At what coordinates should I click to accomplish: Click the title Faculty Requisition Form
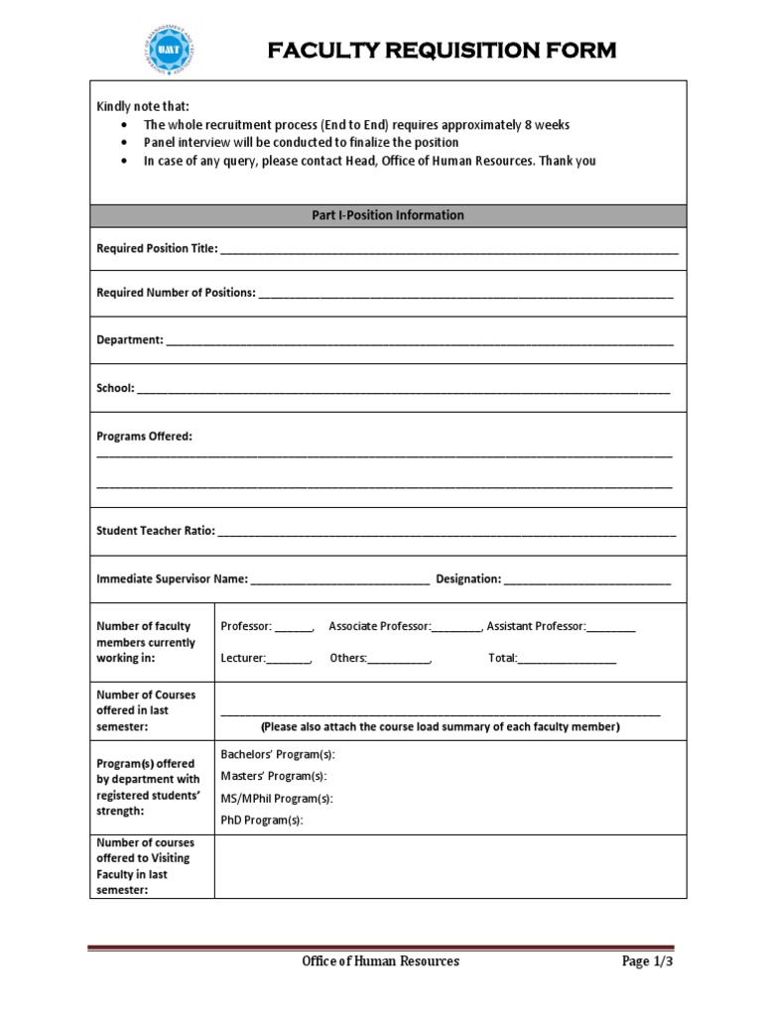[x=442, y=51]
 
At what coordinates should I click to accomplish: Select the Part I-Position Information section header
[x=388, y=215]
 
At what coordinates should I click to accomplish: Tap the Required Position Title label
[x=156, y=248]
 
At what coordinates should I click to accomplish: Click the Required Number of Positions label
[x=176, y=293]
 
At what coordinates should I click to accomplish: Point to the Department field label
[x=129, y=339]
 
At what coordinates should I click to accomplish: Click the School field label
[x=115, y=388]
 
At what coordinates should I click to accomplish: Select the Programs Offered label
[x=144, y=436]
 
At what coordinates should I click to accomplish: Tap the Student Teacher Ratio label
[x=155, y=531]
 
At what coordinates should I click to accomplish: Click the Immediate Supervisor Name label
[x=171, y=578]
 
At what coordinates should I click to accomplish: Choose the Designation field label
[x=468, y=578]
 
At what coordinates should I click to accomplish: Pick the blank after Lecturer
[x=289, y=660]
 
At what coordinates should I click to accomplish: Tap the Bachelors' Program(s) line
[x=278, y=754]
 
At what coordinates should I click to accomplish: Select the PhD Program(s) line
[x=261, y=820]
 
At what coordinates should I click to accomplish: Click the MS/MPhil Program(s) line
[x=277, y=798]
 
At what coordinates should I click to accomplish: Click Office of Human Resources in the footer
[x=381, y=961]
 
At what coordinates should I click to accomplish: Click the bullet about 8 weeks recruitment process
[x=356, y=125]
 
